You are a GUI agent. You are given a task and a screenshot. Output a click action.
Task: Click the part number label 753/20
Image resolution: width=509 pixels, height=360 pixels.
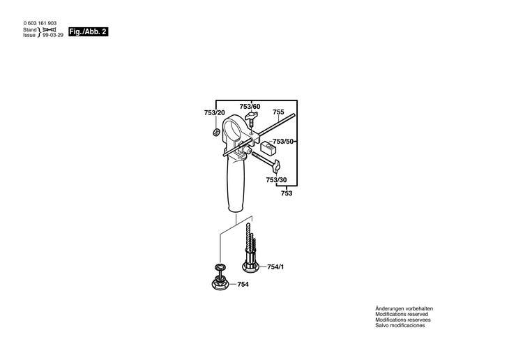click(x=214, y=112)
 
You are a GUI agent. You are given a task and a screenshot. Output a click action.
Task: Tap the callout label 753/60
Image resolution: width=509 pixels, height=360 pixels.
click(x=250, y=107)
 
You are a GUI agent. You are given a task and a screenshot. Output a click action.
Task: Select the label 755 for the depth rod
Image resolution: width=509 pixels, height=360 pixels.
click(x=278, y=112)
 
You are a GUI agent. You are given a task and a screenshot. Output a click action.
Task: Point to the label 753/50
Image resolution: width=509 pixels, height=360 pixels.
click(x=283, y=142)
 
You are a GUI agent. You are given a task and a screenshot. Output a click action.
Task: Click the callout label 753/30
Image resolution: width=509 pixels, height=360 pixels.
click(x=276, y=180)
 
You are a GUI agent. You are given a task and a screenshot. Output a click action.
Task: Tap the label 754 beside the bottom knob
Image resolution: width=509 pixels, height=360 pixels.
click(x=243, y=284)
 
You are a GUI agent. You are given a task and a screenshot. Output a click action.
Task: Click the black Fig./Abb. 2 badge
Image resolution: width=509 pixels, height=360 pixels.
click(x=88, y=32)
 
